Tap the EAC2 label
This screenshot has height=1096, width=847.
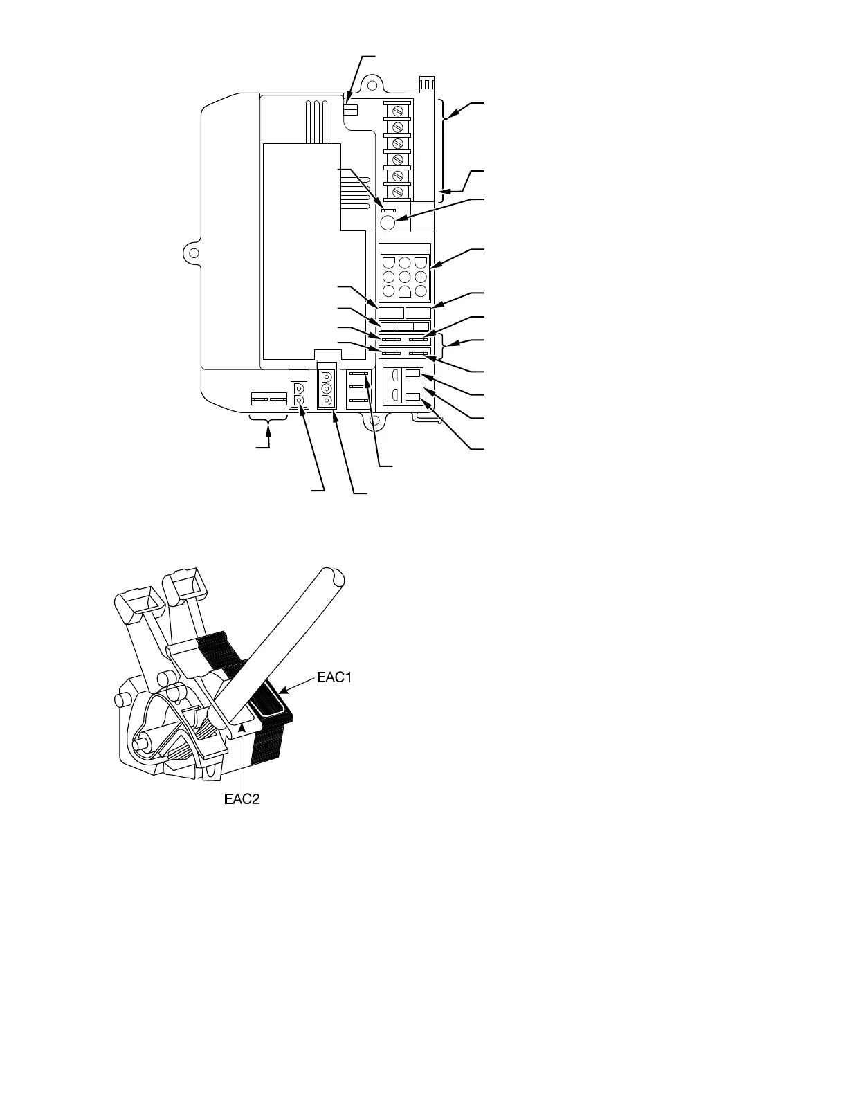coord(242,800)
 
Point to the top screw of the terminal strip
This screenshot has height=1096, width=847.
coord(398,111)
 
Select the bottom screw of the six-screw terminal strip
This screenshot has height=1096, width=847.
coord(398,192)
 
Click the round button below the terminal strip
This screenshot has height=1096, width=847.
coord(389,222)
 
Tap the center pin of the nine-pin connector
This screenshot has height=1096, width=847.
coord(406,277)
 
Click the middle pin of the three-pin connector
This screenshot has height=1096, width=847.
coord(326,389)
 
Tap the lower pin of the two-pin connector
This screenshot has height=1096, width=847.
coord(299,401)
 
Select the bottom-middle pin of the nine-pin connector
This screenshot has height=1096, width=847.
coord(406,292)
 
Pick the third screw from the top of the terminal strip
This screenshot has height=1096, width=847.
coord(398,143)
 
